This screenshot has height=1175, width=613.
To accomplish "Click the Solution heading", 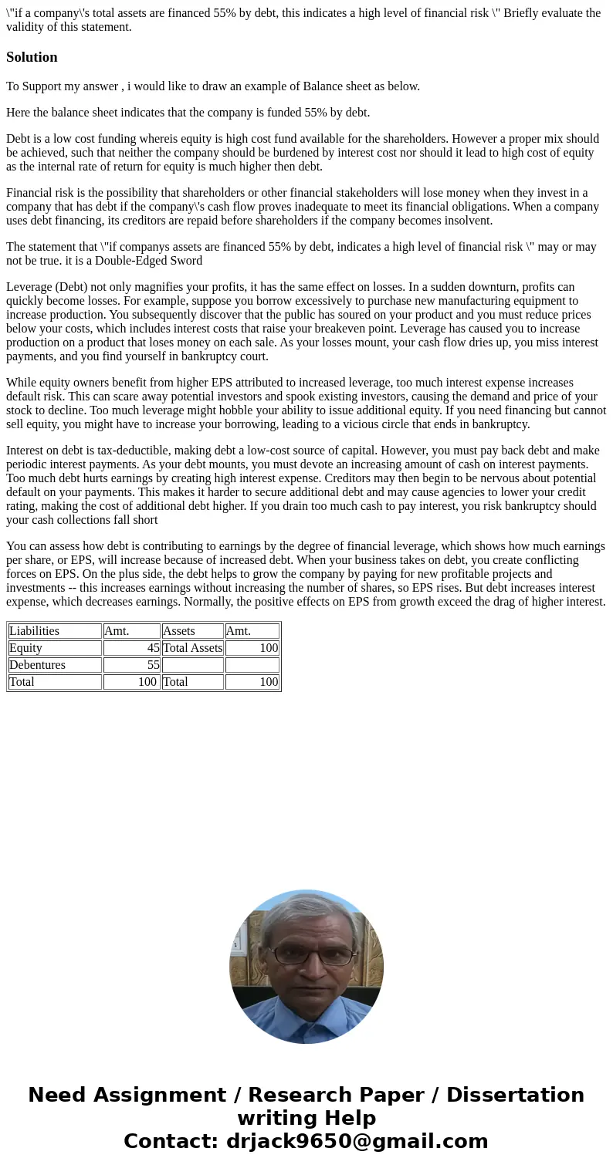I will coord(32,57).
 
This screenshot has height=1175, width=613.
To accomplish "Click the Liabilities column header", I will coord(34,630).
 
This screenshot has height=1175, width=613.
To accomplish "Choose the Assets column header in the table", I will coord(178,630).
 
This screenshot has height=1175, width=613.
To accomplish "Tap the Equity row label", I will coord(25,647).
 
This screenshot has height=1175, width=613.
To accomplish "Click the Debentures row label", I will coord(37,664).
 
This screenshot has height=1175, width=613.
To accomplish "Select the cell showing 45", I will coord(153,647).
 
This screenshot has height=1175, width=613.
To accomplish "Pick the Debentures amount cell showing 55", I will coord(153,664).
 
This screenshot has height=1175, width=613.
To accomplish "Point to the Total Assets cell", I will coord(192,647).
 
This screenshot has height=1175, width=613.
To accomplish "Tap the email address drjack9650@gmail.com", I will coord(357,1141).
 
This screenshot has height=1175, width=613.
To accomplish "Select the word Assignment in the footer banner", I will coord(158,1095).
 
